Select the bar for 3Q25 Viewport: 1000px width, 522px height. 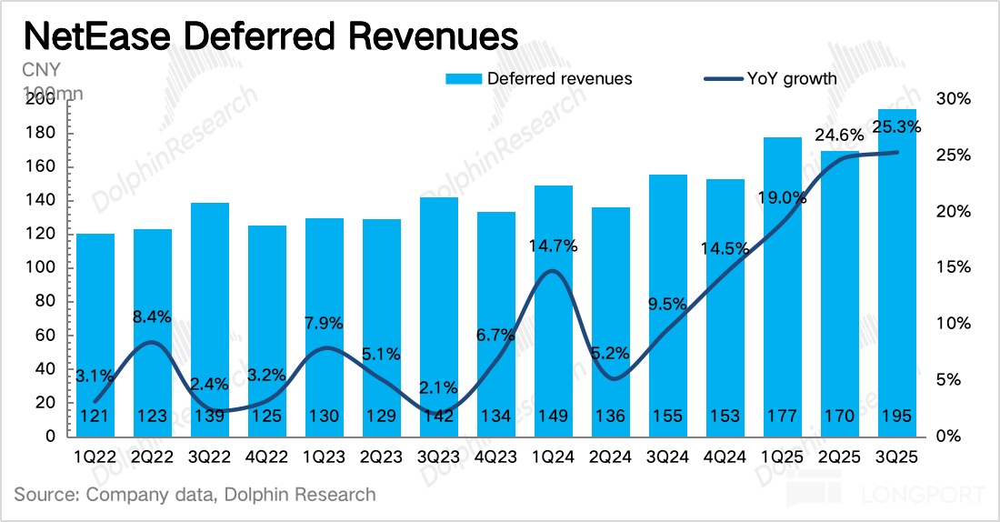tap(896, 273)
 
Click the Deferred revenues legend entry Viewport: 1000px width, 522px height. tap(538, 78)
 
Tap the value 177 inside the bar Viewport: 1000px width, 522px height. tap(782, 417)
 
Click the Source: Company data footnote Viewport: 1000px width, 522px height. tap(195, 495)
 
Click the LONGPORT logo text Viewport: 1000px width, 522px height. tap(923, 496)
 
